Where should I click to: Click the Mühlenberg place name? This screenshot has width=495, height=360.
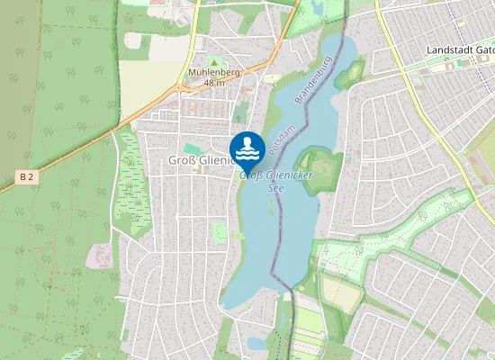212,72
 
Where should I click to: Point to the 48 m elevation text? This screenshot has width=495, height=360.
213,83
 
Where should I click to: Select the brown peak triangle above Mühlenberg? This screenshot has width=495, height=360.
213,61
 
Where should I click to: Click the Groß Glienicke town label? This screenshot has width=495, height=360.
199,160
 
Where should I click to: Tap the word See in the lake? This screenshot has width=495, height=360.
279,187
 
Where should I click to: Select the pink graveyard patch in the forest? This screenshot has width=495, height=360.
98,256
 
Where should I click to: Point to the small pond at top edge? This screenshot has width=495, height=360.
316,7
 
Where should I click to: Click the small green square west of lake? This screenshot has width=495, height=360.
220,233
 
